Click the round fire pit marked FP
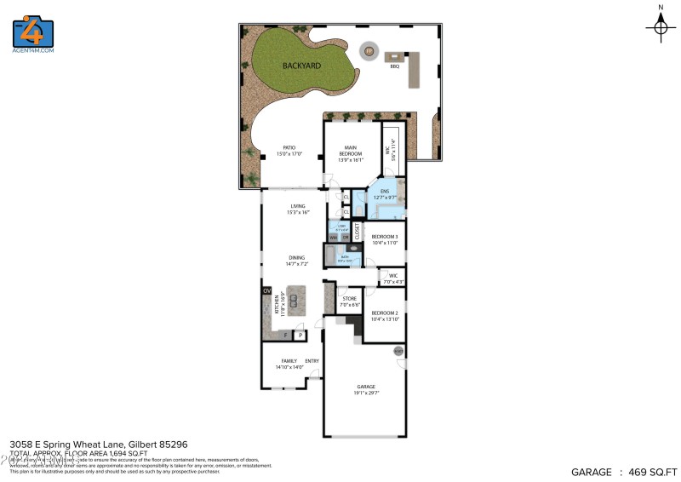(x=369, y=51)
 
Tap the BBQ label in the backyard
(x=394, y=66)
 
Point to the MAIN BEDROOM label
(x=351, y=151)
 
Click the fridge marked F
(x=285, y=336)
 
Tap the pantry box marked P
(x=300, y=336)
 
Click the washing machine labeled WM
(x=334, y=236)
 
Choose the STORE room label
(x=349, y=299)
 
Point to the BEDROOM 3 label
(x=385, y=235)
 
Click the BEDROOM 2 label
(x=385, y=313)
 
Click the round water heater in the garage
(x=398, y=351)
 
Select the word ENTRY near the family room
(x=312, y=362)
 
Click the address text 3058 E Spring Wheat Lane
(x=68, y=444)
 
